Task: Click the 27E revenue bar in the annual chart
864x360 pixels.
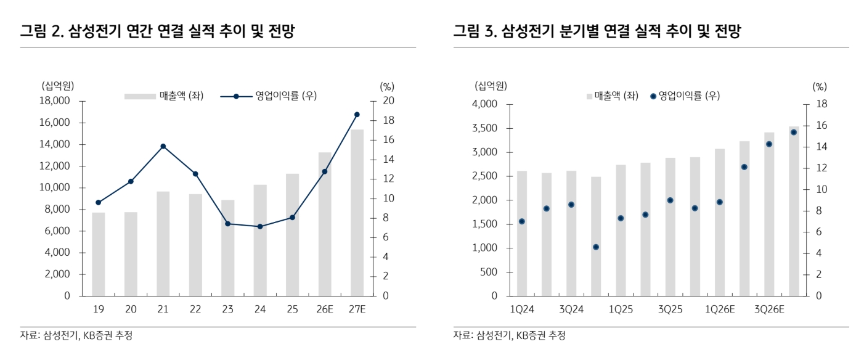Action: pos(357,213)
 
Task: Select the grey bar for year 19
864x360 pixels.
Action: pos(99,254)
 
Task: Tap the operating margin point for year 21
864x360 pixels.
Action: pos(163,146)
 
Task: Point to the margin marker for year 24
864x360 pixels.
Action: pos(260,226)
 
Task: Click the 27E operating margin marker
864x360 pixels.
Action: pos(357,115)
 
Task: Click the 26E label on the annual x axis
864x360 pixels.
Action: pos(325,309)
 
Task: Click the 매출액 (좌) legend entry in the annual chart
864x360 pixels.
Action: pos(164,96)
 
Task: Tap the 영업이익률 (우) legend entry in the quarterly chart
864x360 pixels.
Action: pos(685,96)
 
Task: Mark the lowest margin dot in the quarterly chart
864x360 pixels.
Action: pos(596,247)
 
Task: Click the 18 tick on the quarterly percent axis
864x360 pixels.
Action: pos(821,105)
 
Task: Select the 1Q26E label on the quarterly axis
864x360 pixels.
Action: pos(719,309)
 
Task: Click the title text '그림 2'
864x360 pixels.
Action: pos(43,31)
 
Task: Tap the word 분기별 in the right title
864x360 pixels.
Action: pos(578,31)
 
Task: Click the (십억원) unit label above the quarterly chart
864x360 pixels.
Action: pos(491,85)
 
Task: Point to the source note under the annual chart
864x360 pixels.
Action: pos(76,335)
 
